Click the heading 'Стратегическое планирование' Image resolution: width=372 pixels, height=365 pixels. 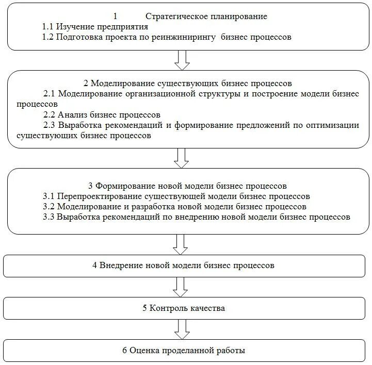point(206,16)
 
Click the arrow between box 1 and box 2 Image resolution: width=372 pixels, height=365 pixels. point(182,60)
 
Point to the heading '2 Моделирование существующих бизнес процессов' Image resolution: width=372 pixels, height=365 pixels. point(187,83)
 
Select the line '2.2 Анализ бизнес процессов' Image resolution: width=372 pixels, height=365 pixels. point(102,114)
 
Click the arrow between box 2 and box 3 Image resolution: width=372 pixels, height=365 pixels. point(182,157)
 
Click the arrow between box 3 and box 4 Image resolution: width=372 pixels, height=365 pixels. point(182,244)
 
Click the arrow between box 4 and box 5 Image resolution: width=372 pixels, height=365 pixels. point(182,286)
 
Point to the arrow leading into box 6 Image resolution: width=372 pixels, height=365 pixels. point(182,328)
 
